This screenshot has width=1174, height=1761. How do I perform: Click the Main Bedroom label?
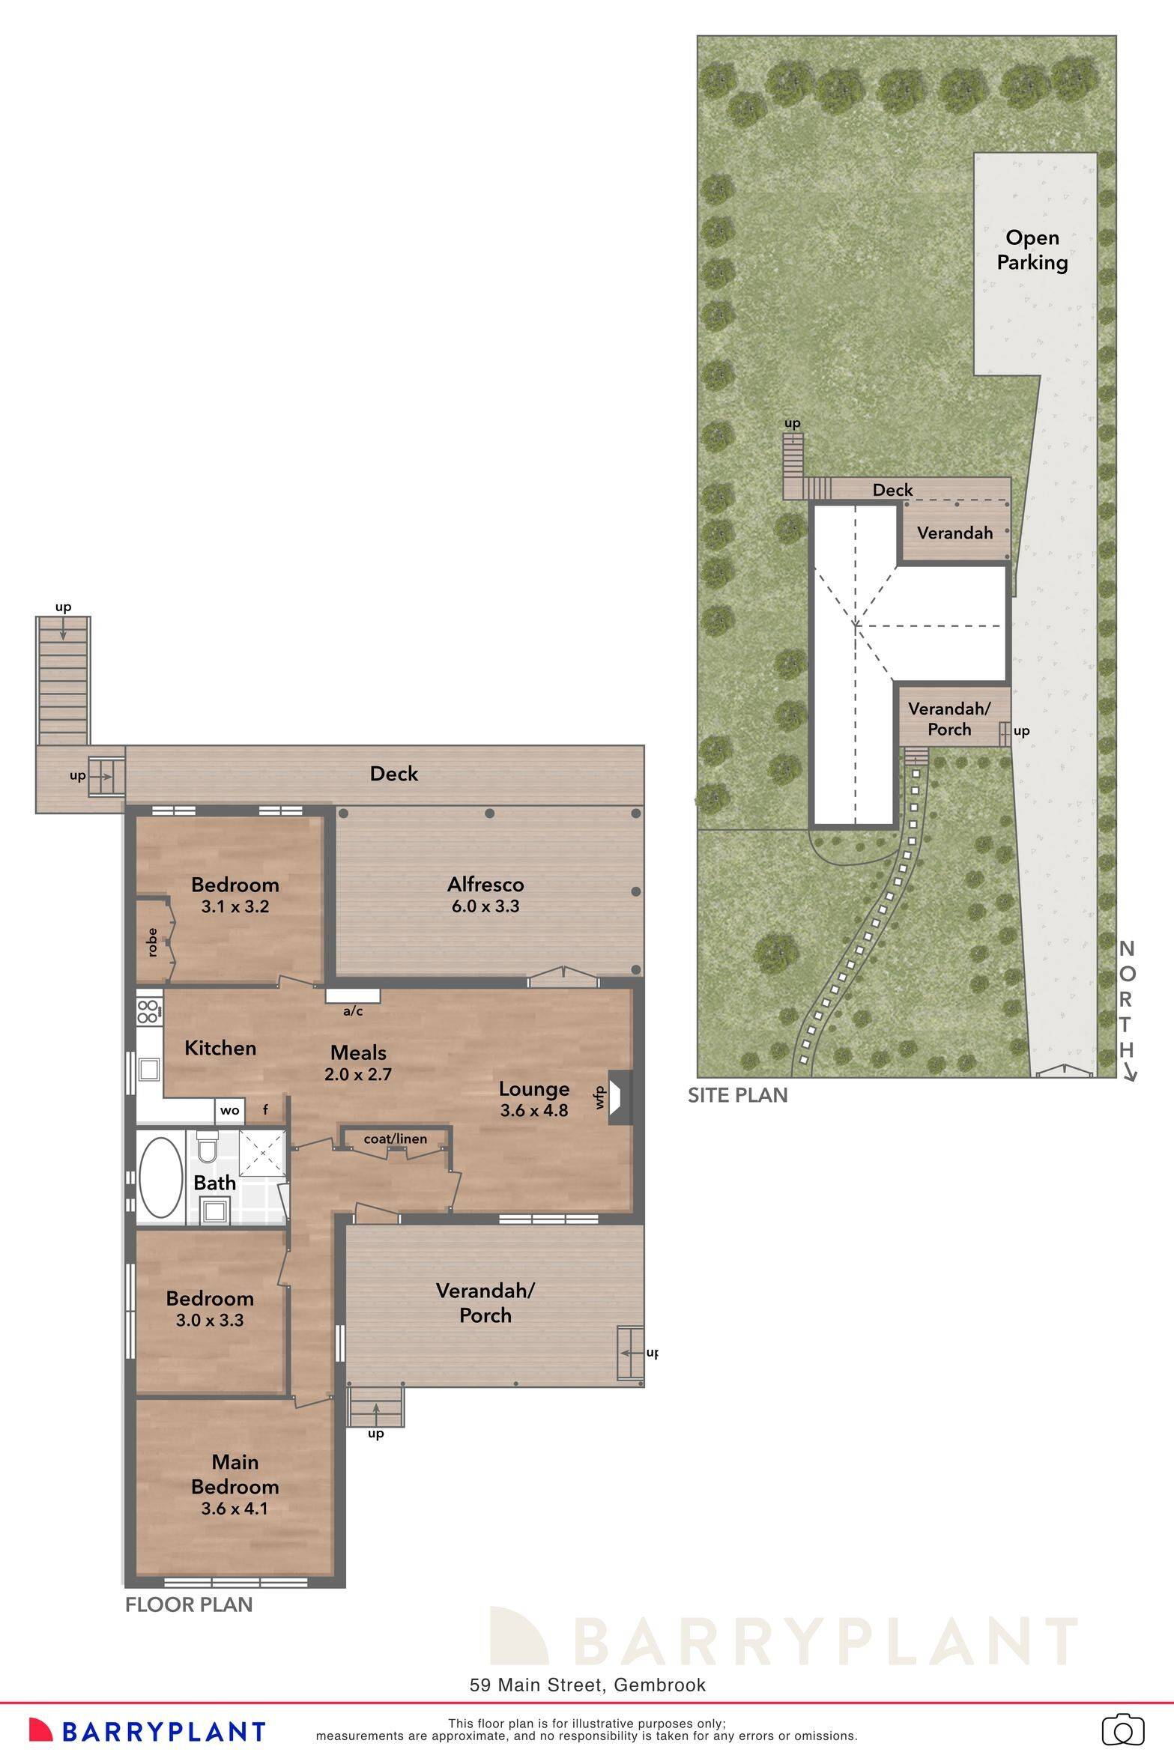[x=235, y=1474]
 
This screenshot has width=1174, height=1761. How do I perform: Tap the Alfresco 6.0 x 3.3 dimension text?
[x=485, y=906]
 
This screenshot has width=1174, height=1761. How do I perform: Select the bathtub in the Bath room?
[x=161, y=1178]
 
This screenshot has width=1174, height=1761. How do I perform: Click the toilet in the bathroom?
[x=208, y=1146]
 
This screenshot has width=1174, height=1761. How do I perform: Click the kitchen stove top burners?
[x=148, y=1011]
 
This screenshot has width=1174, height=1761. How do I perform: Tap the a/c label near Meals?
[x=353, y=1011]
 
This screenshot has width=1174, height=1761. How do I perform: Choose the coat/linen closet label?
[x=395, y=1139]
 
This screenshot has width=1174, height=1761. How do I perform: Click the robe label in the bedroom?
[x=152, y=942]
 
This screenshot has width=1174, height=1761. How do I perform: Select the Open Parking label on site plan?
[x=1032, y=250]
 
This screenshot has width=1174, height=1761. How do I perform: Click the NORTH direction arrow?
[x=1129, y=1076]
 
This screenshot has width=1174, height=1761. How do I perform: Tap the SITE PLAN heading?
[x=737, y=1096]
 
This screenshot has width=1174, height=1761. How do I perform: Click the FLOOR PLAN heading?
[x=189, y=1604]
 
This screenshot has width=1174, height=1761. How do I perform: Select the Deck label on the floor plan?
[x=394, y=774]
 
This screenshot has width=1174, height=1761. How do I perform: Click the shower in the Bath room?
[x=262, y=1153]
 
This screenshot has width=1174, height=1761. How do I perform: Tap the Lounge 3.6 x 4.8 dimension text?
[x=534, y=1110]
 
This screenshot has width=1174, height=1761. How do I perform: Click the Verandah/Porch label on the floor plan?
[x=485, y=1303]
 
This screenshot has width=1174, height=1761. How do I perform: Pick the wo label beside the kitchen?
[x=229, y=1111]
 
